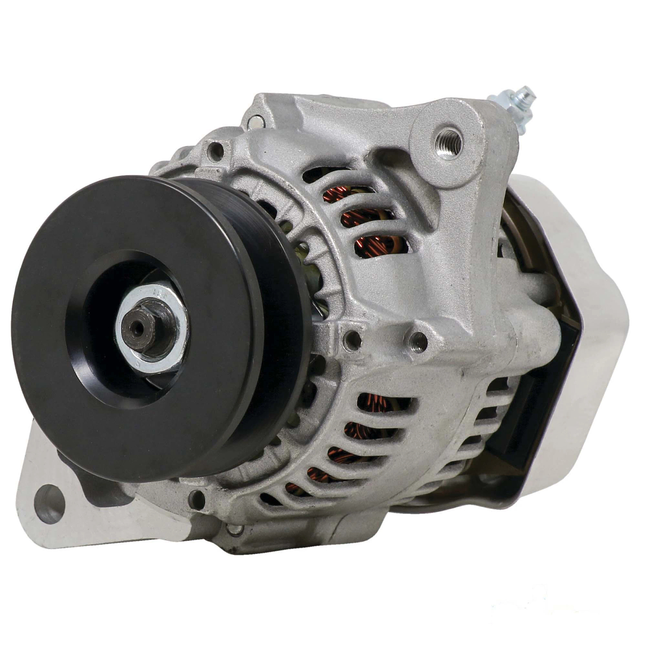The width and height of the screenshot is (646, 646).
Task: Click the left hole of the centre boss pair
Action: (353, 339)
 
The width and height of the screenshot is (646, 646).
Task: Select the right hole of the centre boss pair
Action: (418, 341)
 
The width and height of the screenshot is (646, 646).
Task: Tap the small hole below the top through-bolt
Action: (216, 151)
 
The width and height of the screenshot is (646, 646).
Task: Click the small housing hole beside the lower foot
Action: (197, 498)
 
